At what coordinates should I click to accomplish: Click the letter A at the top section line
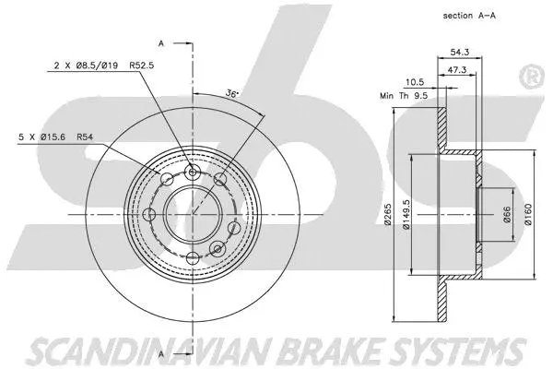pyautogui.click(x=162, y=43)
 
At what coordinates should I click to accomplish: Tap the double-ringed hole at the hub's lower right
pyautogui.click(x=218, y=249)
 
